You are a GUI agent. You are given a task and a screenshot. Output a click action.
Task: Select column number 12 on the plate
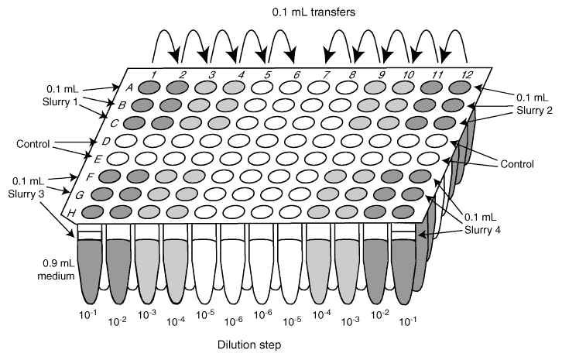pyautogui.click(x=467, y=75)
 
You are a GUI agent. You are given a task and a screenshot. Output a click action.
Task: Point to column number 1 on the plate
pyautogui.click(x=154, y=74)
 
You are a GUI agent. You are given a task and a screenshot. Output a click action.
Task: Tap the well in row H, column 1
pyautogui.click(x=93, y=211)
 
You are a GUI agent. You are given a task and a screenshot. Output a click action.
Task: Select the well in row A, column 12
pyautogui.click(x=461, y=88)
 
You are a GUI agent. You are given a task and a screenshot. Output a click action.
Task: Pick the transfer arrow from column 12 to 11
pyautogui.click(x=453, y=43)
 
